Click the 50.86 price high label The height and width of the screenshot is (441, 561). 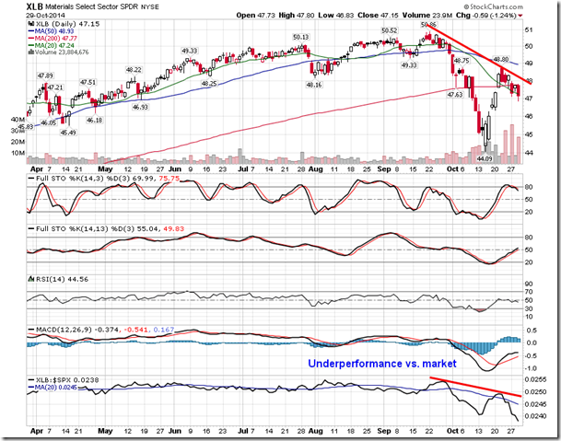(429, 26)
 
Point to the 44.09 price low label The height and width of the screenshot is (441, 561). (485, 161)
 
